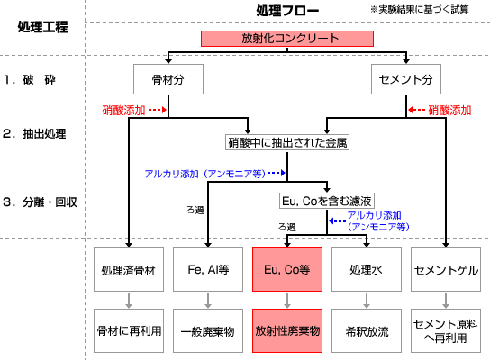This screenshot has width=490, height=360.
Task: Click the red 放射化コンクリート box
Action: [287, 39]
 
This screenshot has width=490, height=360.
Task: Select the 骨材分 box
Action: [168, 79]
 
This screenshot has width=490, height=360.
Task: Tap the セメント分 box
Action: [406, 79]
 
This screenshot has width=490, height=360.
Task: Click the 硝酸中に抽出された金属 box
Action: [287, 142]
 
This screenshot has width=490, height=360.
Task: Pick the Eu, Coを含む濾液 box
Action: [327, 201]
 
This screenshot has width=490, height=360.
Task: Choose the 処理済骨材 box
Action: [129, 269]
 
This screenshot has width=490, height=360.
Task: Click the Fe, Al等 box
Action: [208, 269]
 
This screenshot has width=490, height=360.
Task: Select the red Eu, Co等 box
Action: [287, 269]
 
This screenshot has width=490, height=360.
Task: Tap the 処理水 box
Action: [367, 269]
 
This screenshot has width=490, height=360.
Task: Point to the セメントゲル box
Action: [446, 269]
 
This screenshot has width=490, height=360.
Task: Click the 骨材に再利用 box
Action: [129, 330]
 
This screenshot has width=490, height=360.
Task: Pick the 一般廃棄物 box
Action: [208, 330]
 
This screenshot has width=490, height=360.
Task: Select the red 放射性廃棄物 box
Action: [287, 330]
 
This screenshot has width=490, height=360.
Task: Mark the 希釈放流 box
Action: [367, 330]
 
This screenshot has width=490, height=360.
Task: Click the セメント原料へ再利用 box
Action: [446, 330]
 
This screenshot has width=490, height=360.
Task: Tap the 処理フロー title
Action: [287, 11]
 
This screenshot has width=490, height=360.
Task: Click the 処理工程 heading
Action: [42, 27]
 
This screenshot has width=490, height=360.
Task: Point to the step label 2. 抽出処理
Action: [34, 134]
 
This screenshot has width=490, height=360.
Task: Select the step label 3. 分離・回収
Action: [40, 202]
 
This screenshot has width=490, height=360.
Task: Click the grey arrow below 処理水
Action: [367, 301]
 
